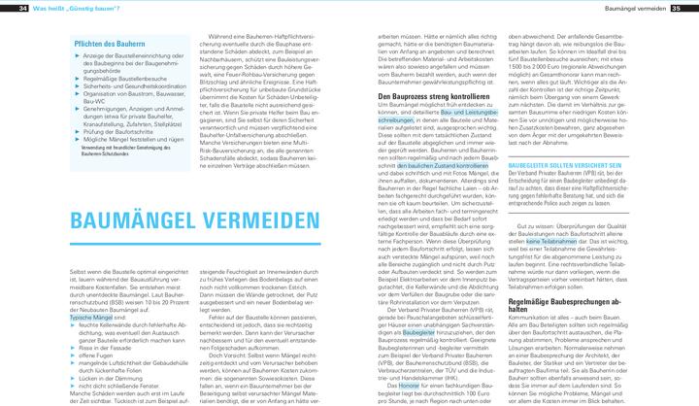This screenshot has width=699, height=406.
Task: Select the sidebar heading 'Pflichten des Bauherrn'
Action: [108, 43]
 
